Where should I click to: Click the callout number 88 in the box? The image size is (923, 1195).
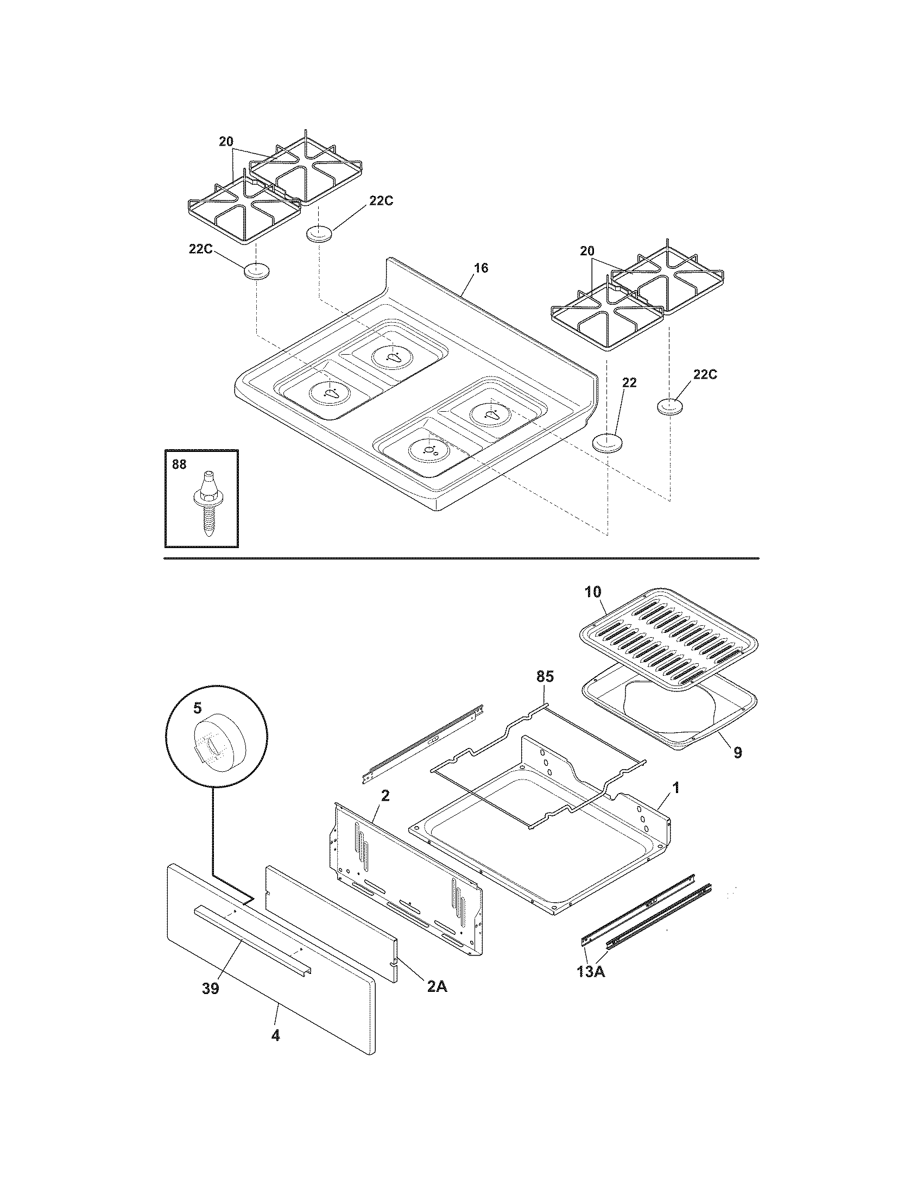coord(179,464)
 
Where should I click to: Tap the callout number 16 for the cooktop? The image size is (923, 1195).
coord(481,268)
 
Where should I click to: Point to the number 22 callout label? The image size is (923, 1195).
coord(629,382)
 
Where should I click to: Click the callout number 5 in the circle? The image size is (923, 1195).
coord(197,707)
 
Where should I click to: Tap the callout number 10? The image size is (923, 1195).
coord(593,592)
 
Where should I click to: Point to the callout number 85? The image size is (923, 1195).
coord(545,677)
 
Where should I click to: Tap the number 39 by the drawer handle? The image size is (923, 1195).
coord(211,989)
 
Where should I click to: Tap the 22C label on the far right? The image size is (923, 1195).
coord(705,374)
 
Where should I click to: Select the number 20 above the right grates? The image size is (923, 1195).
coord(587,251)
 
